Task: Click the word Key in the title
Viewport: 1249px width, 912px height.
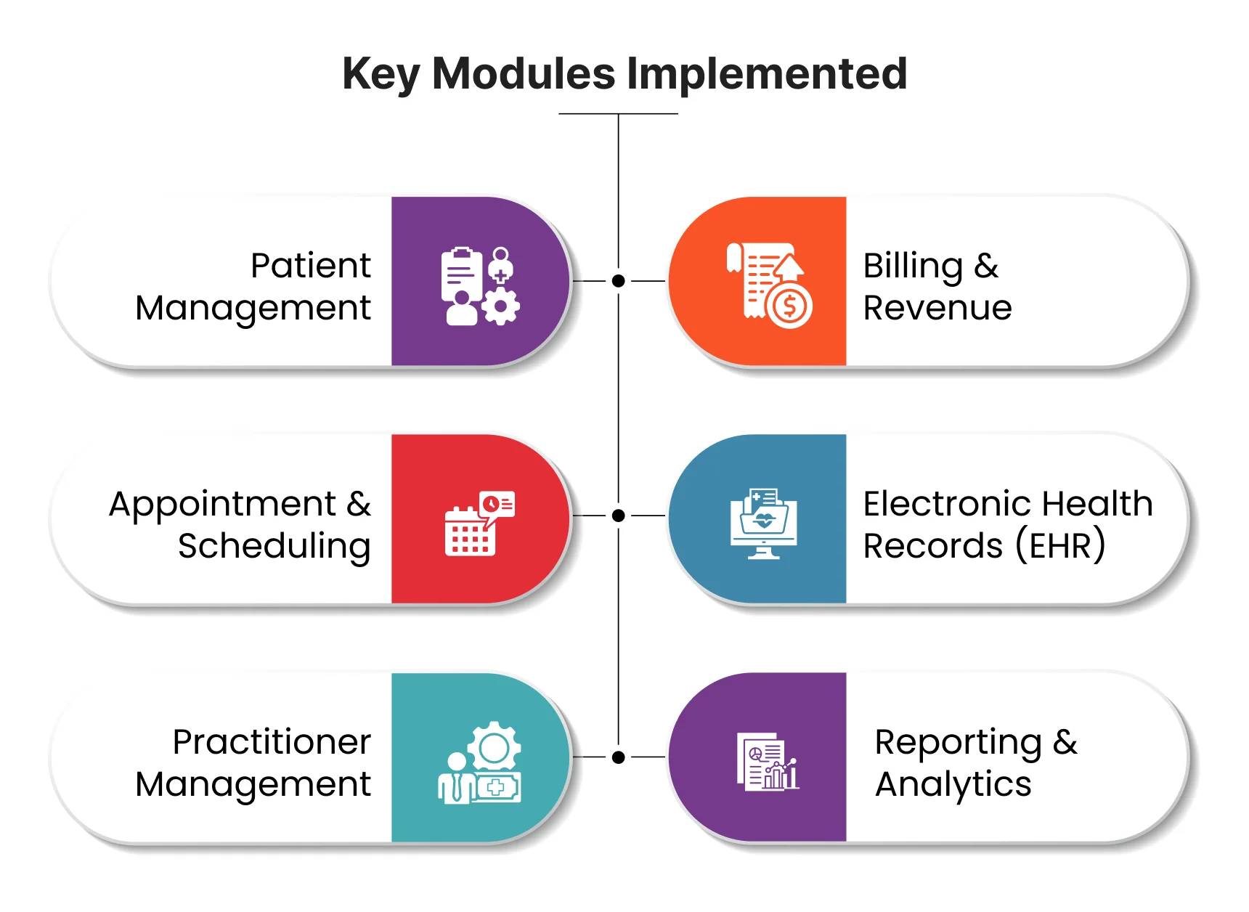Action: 381,74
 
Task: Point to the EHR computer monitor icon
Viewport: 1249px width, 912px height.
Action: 763,523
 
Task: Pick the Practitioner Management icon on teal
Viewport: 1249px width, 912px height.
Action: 480,762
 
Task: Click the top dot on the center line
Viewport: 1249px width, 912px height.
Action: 618,281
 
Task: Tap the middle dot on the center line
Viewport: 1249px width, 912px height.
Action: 618,516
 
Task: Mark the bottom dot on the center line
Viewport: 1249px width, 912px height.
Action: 618,757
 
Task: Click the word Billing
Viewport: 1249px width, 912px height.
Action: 912,266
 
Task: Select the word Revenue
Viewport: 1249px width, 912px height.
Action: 937,308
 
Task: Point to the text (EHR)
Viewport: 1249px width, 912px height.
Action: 1060,546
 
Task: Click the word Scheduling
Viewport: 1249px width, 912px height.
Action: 274,546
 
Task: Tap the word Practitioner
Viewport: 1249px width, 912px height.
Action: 272,742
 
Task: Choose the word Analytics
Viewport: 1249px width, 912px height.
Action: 953,784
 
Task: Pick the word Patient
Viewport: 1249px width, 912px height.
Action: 310,266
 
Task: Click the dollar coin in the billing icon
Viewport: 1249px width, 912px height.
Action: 789,307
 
